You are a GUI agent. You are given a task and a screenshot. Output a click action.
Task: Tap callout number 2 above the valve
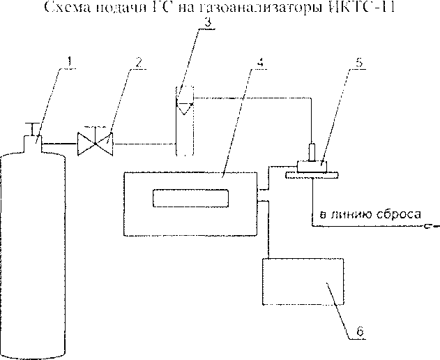[139, 62]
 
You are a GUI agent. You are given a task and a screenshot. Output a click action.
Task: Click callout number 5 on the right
[358, 61]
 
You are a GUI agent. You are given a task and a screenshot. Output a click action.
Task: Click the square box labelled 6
[302, 283]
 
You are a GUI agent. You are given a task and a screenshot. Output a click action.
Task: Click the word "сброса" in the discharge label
[391, 216]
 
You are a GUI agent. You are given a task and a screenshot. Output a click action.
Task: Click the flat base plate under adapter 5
[313, 174]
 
